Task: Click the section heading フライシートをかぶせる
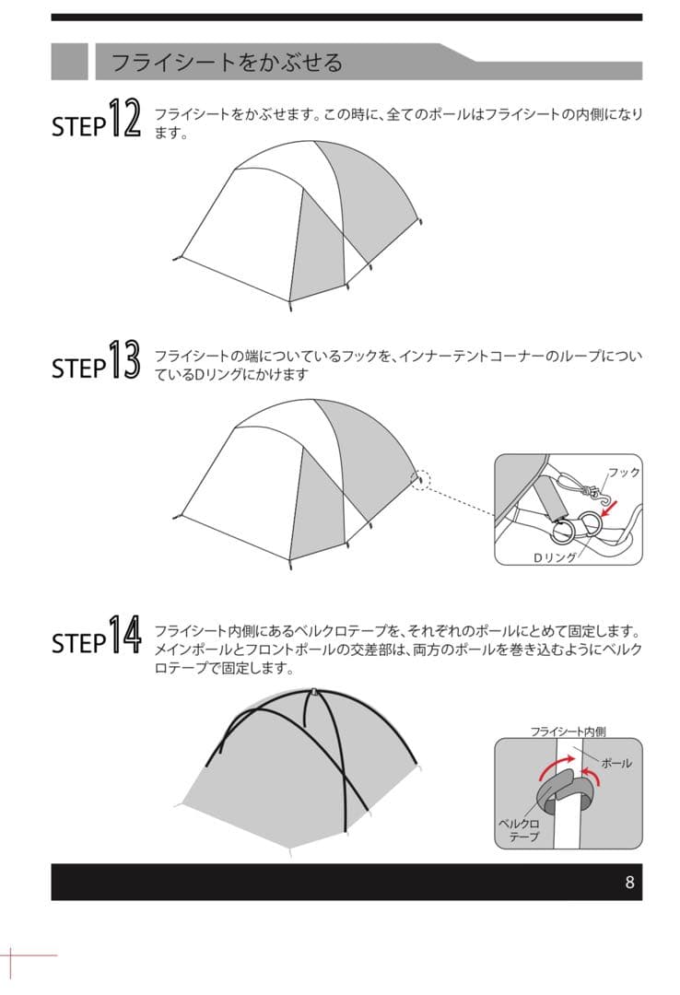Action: (x=226, y=63)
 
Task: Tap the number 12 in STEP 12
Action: (x=124, y=118)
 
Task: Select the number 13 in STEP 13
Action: (x=124, y=360)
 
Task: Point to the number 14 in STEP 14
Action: (x=124, y=634)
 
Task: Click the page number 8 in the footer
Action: (x=629, y=882)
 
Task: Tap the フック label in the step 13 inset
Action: (x=624, y=472)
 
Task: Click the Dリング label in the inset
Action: (x=556, y=557)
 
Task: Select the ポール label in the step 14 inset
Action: (x=616, y=764)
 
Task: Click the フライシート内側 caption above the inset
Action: (x=568, y=732)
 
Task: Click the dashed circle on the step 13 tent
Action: (x=420, y=480)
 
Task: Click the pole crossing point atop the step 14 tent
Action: (x=314, y=691)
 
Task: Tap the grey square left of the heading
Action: (x=69, y=62)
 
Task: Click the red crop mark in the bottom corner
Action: (x=11, y=954)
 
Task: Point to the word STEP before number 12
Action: (x=78, y=127)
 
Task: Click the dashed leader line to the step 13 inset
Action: (x=461, y=498)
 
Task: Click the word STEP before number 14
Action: (x=78, y=643)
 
